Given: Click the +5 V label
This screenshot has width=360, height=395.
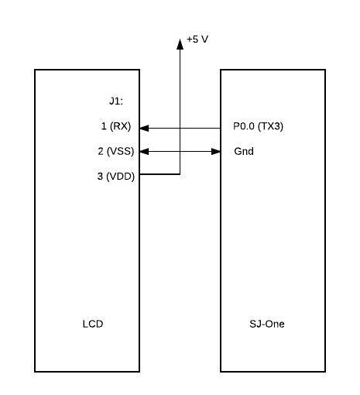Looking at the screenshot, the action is click(197, 39).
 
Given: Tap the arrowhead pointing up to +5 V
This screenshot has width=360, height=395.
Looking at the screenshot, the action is click(180, 44).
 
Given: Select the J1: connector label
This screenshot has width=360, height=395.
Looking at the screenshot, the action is click(116, 101).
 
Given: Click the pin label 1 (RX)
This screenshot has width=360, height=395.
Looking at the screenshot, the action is click(116, 126).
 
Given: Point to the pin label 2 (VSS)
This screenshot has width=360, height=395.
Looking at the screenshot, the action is click(116, 151).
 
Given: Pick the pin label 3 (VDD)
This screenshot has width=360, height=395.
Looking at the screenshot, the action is click(116, 177).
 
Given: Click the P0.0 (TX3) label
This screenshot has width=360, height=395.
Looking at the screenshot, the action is click(258, 126).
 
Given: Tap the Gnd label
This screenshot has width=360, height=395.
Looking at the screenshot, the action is click(244, 151).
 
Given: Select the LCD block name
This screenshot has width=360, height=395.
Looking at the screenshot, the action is click(93, 324).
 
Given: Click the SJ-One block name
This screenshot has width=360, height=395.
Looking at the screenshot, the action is click(267, 324).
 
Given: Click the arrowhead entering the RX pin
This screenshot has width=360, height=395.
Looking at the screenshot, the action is click(144, 128).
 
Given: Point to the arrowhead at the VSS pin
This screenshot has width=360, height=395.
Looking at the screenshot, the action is click(144, 152).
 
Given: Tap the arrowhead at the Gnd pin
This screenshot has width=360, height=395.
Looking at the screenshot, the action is click(216, 152).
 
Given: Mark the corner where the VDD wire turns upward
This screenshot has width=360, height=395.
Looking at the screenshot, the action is click(180, 174).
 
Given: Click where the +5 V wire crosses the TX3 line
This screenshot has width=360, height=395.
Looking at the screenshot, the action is click(180, 128).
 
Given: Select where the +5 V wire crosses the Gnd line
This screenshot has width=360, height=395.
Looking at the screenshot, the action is click(180, 152).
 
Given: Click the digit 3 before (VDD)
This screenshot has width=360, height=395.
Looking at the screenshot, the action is click(100, 177).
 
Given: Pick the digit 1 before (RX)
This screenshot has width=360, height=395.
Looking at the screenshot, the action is click(104, 126).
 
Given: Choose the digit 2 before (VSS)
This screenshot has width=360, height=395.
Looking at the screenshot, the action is click(101, 151).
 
